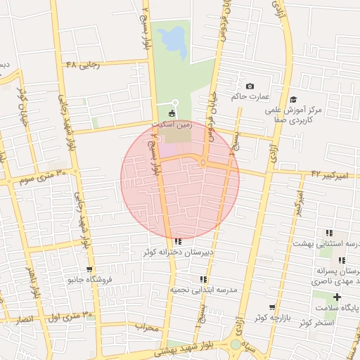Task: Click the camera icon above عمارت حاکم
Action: (250, 86)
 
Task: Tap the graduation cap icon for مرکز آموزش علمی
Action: (293, 100)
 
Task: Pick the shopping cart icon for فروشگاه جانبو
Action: (89, 269)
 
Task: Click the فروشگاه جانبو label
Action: (89, 279)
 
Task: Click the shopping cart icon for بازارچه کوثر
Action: (272, 308)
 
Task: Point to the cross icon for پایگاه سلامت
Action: (337, 297)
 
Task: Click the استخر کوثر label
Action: (316, 322)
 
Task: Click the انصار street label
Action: (25, 319)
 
